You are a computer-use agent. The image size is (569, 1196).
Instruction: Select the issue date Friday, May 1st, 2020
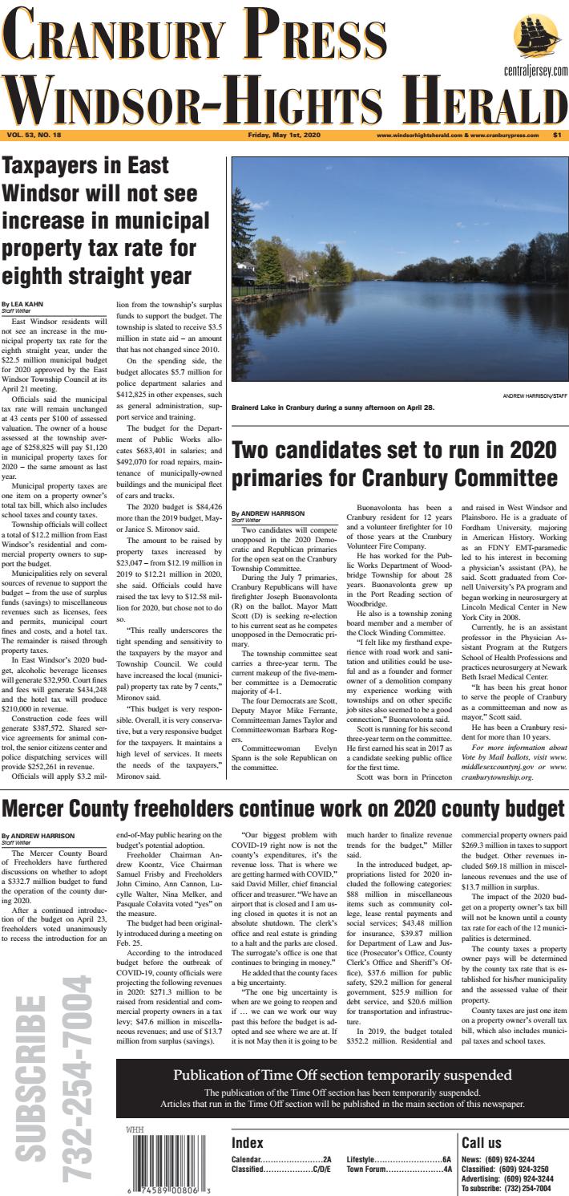pos(284,135)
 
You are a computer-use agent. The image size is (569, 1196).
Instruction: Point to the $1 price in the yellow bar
pos(557,135)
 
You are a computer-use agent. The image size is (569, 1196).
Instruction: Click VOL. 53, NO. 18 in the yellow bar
pos(37,135)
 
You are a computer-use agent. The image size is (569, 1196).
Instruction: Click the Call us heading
pos(482,1142)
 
